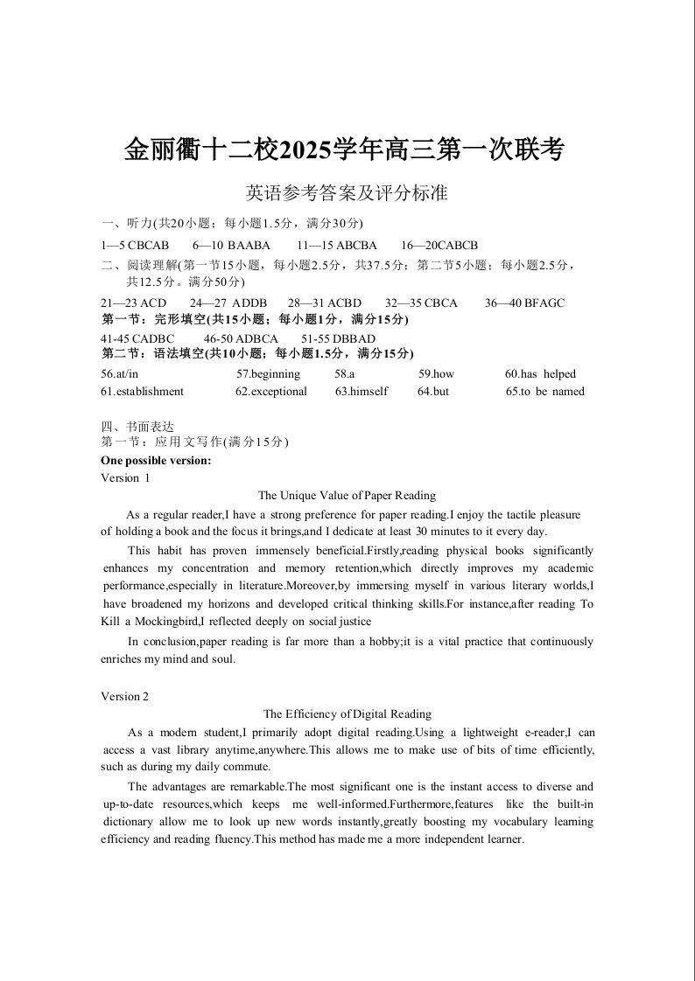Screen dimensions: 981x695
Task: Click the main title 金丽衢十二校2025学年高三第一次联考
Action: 344,150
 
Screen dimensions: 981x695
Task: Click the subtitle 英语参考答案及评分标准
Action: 347,192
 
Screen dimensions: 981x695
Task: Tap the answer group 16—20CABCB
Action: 439,246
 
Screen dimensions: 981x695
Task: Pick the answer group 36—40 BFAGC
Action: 524,303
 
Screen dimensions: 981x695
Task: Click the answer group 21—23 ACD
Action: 134,303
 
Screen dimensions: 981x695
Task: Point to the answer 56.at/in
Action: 120,374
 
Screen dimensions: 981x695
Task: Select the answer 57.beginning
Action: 268,374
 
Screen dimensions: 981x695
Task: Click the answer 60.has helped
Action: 540,374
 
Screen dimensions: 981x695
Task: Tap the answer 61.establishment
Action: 143,392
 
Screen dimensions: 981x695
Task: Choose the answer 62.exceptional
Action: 271,392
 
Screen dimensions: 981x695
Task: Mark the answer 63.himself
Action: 362,392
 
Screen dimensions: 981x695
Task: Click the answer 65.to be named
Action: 544,392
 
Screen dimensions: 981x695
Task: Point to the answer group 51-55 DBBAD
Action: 338,339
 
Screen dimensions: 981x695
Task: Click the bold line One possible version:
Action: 156,461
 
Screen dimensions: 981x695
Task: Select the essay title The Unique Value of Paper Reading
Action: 347,496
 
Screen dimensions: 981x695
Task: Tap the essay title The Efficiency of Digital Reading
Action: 347,714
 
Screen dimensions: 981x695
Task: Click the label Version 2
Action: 125,697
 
